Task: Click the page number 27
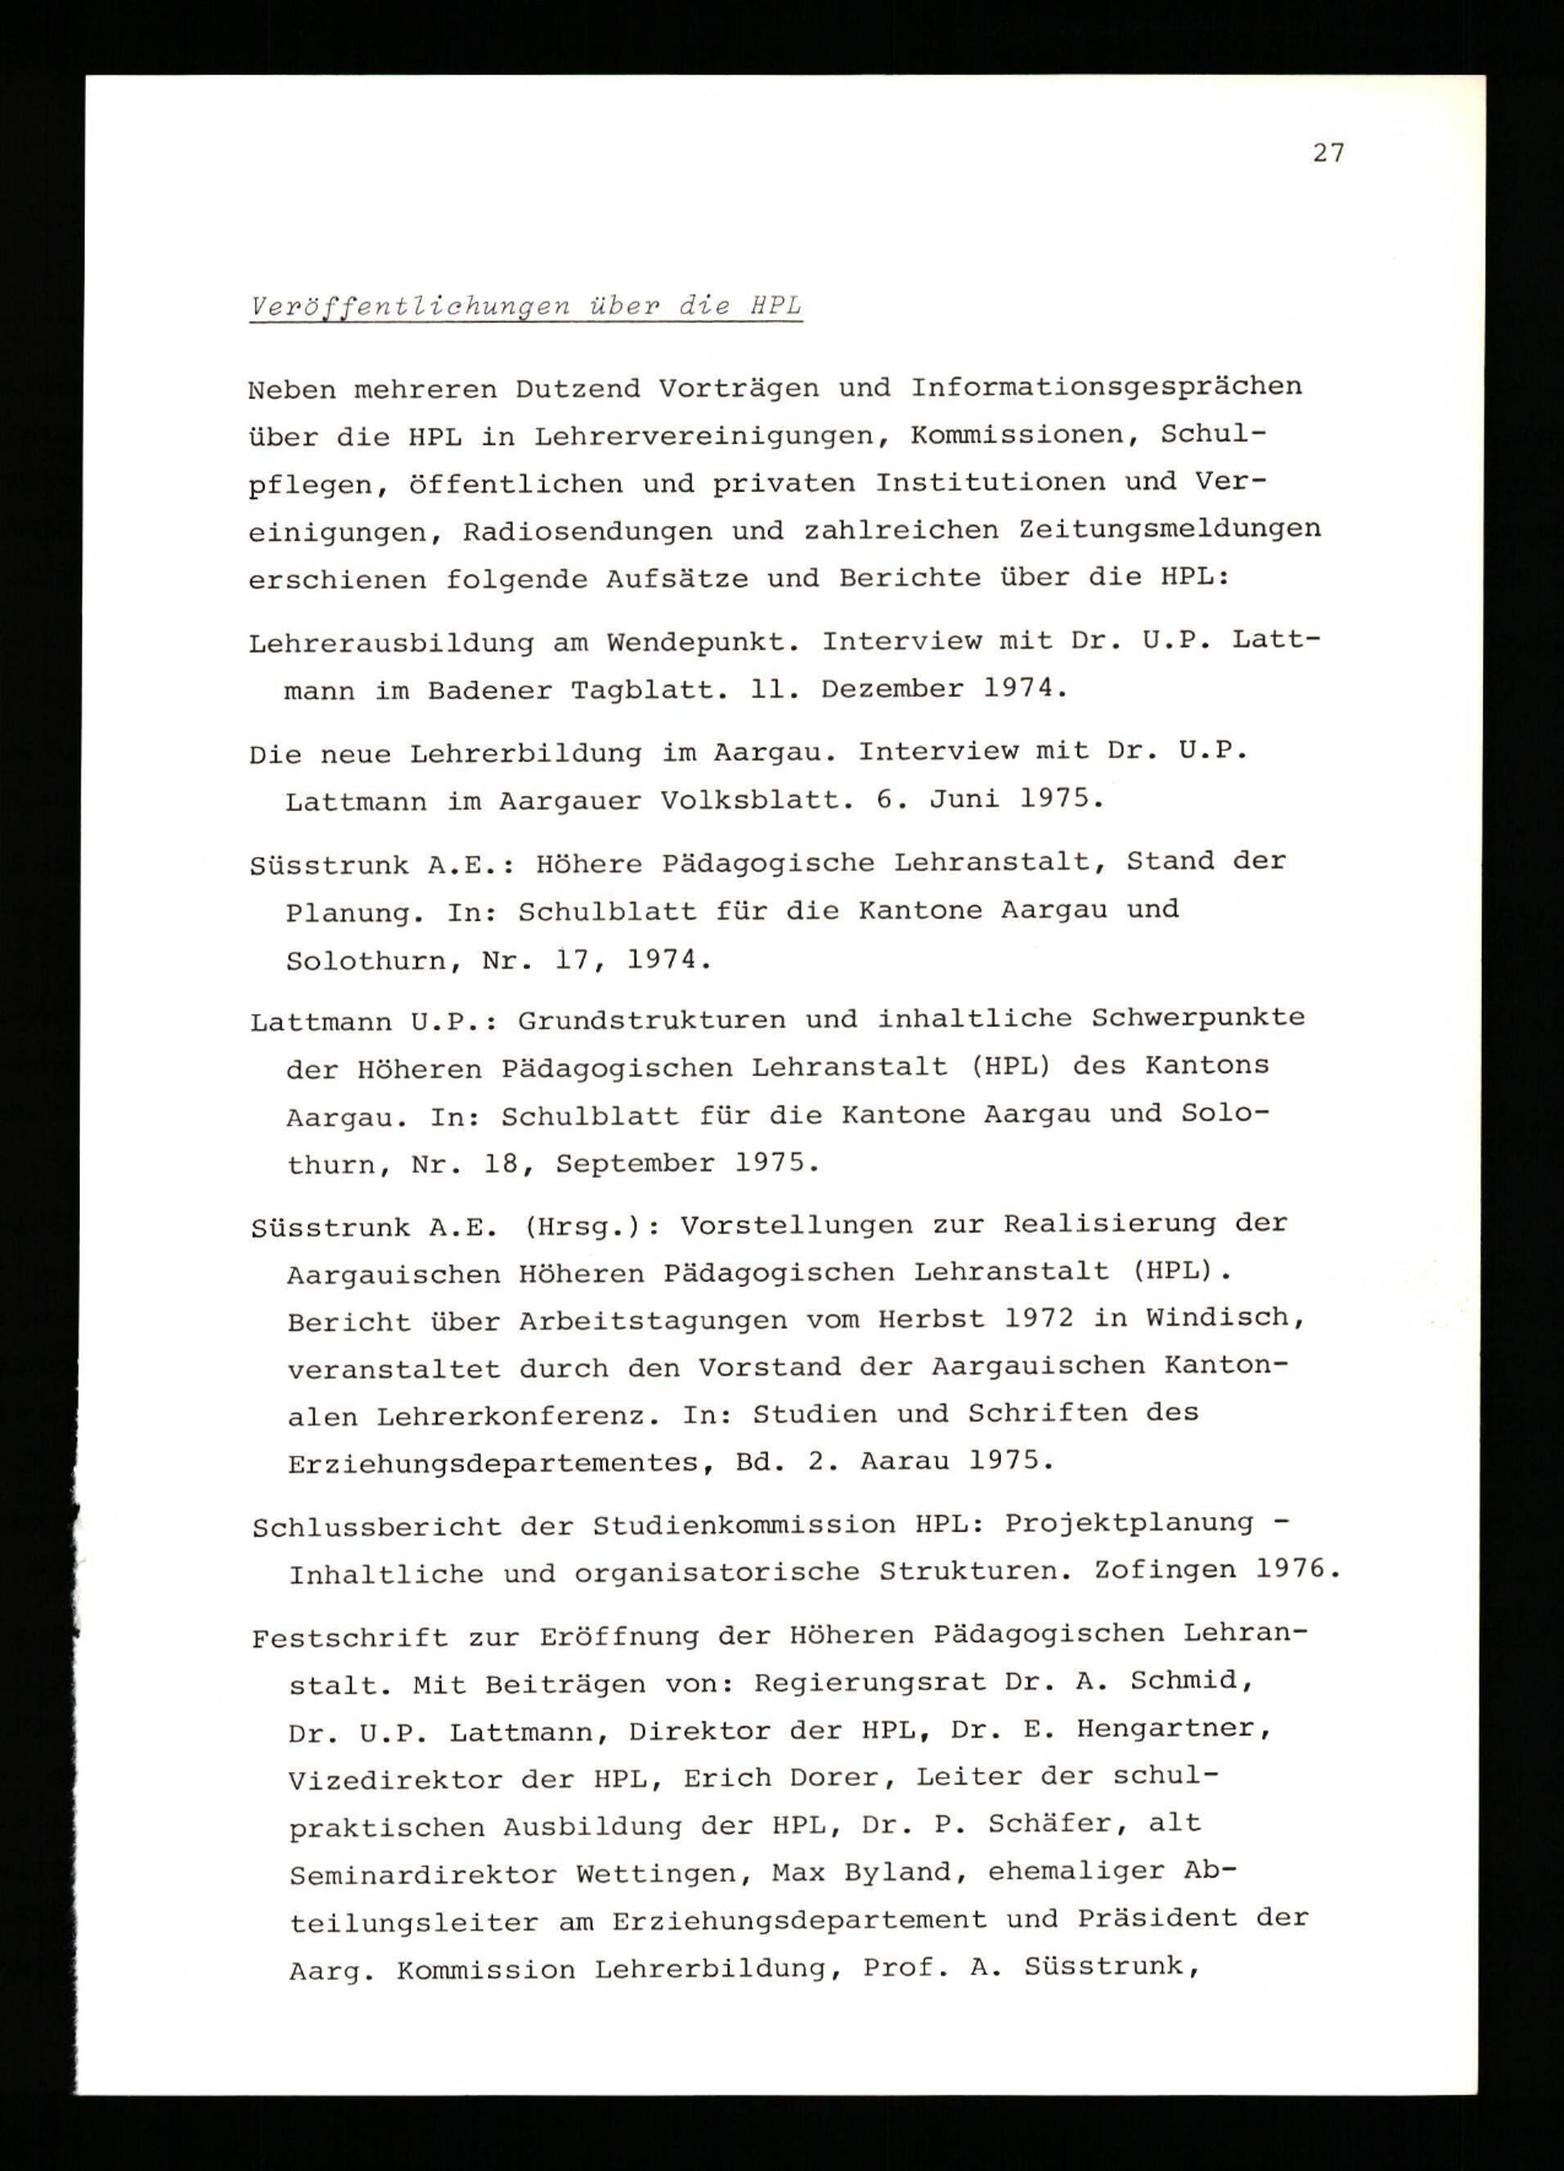1328,153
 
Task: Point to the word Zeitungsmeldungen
1170,529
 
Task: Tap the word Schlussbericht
377,1527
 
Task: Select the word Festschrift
350,1637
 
